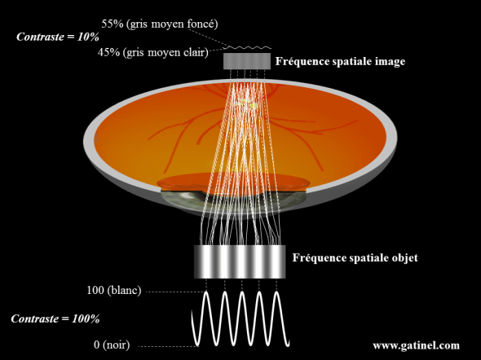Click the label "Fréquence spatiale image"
coord(340,62)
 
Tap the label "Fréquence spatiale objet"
coord(355,257)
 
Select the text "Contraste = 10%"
coord(58,37)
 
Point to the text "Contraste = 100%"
coord(55,319)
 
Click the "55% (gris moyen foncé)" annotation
coord(160,24)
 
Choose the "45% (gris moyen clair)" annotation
coord(152,52)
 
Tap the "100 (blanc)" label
coord(114,290)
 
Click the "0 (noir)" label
coord(112,345)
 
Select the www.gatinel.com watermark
coord(417,345)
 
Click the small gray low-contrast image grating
coord(247,61)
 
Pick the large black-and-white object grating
coord(240,261)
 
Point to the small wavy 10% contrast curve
coord(250,47)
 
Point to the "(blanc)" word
coord(124,290)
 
